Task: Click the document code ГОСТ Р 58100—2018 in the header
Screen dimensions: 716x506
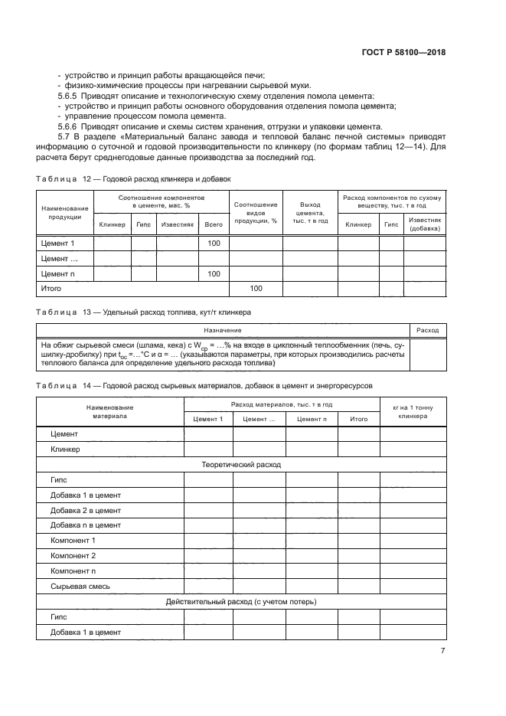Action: tap(403, 53)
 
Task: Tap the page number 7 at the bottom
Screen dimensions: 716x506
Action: tap(442, 650)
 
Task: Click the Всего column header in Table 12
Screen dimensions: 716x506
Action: tap(214, 224)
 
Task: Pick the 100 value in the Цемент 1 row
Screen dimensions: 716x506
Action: tap(214, 243)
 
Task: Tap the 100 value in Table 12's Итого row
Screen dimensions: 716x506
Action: tap(256, 289)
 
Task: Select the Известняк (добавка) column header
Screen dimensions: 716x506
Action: tap(425, 224)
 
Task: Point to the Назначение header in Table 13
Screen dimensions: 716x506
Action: tap(223, 330)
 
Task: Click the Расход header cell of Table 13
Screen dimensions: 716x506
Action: tap(427, 330)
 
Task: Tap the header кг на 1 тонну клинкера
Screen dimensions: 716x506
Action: tap(412, 411)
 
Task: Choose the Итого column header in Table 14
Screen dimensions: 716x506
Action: tap(358, 419)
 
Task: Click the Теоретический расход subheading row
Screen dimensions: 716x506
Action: tap(240, 464)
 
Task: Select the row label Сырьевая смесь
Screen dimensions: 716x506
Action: tap(80, 586)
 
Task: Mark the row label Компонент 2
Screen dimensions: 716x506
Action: tap(73, 555)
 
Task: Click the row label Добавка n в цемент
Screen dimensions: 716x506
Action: tap(86, 525)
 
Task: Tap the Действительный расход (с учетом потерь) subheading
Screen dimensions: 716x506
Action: tap(240, 601)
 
